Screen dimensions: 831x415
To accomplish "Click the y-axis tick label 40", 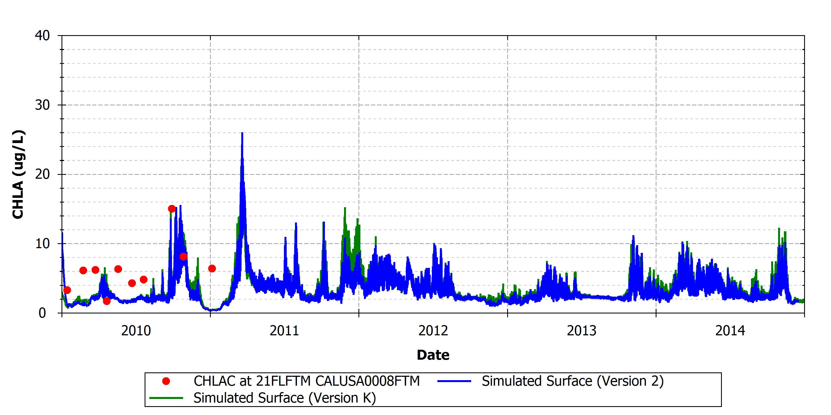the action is [x=42, y=36].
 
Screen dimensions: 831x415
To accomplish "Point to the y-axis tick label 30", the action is [x=42, y=105].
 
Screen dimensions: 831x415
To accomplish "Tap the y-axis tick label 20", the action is [x=42, y=174].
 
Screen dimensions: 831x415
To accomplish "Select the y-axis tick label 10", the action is [x=42, y=243].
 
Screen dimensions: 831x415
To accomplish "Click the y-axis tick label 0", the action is [x=42, y=313].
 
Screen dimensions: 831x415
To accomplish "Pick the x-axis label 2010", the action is [x=136, y=331].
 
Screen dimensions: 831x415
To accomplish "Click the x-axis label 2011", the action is [x=284, y=331].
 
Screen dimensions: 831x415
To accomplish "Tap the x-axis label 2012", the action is [x=433, y=331].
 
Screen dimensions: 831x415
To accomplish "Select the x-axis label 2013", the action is [x=582, y=331].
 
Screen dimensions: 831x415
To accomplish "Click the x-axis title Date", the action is [x=433, y=355].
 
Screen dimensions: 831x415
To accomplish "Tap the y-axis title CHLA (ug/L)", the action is [x=18, y=174].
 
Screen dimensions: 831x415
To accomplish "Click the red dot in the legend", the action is [x=166, y=381].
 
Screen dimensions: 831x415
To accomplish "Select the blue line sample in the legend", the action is [x=454, y=381].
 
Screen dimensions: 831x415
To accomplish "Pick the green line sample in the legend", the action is [x=166, y=398].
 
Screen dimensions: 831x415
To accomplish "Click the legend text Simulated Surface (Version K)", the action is [x=285, y=398].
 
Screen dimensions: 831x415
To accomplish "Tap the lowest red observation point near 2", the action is [x=107, y=301].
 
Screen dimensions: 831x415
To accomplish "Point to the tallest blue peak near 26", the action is [x=242, y=133].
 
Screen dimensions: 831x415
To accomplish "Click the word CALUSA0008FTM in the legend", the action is [x=367, y=381].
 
